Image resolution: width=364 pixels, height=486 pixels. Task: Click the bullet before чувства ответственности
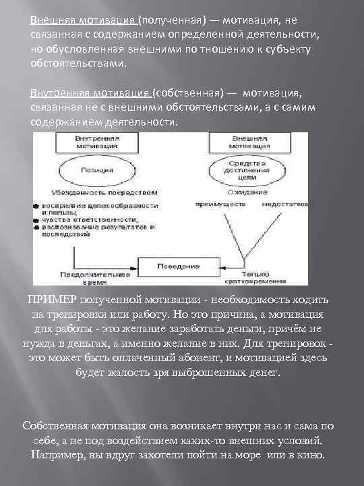click(x=35, y=219)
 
